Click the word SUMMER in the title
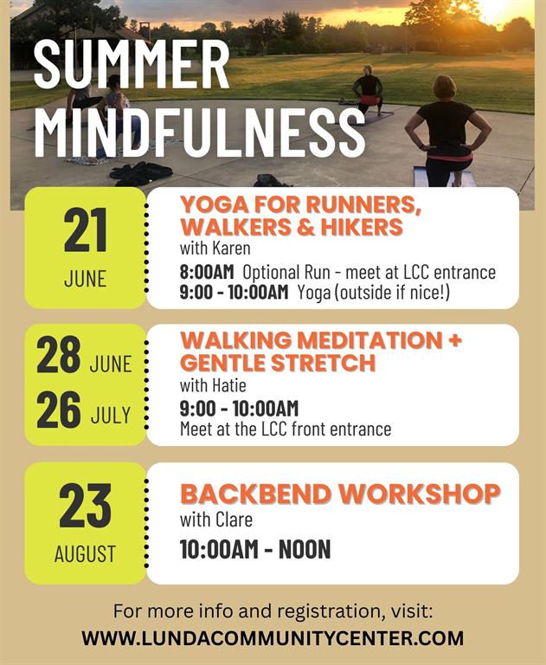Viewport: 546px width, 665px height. pos(132,64)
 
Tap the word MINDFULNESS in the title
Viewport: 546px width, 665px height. pos(199,132)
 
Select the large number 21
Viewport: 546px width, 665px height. pos(85,231)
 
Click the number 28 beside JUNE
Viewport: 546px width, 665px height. pos(59,354)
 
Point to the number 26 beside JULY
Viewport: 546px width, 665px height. pos(59,410)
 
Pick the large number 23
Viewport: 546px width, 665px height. pos(85,506)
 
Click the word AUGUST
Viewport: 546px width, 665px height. pos(85,554)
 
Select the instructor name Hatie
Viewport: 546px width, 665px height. pos(229,385)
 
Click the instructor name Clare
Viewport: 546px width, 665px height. pos(234,520)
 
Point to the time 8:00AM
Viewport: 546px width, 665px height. pos(207,272)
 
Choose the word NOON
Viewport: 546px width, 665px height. pos(305,550)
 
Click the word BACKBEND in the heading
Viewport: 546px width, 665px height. pos(256,494)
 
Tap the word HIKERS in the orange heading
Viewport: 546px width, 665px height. pos(362,227)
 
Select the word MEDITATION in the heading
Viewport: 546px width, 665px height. pos(369,340)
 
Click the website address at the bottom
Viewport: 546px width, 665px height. pos(273,639)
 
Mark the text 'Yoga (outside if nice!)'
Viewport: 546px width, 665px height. pos(374,293)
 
